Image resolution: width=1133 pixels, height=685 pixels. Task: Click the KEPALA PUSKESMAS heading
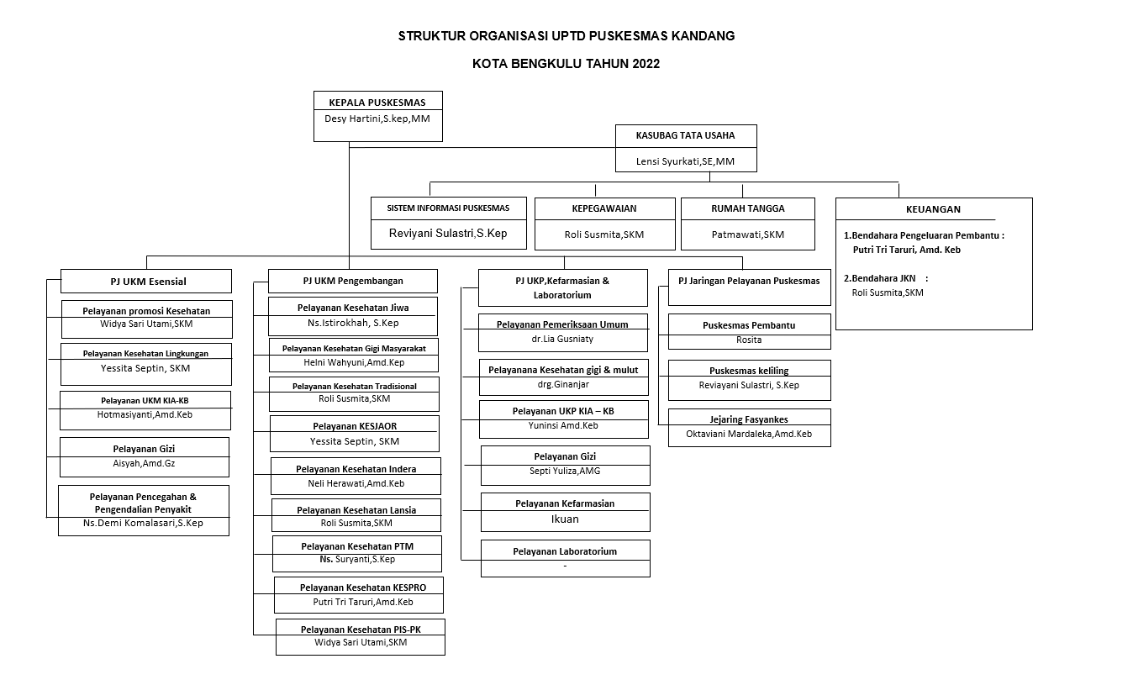click(x=377, y=103)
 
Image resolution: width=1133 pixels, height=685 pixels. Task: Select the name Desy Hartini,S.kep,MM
click(x=377, y=119)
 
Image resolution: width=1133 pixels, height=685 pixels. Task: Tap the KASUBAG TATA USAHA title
click(x=685, y=135)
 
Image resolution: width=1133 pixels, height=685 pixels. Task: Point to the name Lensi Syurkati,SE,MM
click(x=685, y=161)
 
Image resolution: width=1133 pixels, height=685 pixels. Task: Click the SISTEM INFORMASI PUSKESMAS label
click(x=448, y=208)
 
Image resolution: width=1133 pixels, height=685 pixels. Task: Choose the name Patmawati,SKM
click(x=747, y=234)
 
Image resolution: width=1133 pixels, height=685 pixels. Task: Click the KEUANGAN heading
click(x=933, y=209)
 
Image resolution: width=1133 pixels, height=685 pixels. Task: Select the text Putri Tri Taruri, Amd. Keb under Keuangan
click(x=906, y=250)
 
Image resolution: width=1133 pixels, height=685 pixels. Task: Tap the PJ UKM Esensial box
click(x=146, y=282)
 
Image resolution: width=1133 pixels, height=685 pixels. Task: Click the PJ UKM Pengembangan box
click(x=352, y=281)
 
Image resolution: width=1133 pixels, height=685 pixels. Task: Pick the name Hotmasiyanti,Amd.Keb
click(x=145, y=415)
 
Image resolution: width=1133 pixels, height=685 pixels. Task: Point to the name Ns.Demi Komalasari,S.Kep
click(x=143, y=523)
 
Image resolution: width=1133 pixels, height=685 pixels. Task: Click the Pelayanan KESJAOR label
click(x=355, y=426)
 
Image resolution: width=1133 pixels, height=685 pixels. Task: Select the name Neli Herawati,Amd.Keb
click(x=356, y=483)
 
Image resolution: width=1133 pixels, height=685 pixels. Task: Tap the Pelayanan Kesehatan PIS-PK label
click(x=361, y=630)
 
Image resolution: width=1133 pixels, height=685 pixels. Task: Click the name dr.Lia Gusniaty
click(x=562, y=340)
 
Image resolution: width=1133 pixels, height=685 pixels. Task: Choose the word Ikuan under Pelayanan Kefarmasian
click(x=565, y=519)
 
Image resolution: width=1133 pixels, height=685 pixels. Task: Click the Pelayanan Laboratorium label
click(x=565, y=551)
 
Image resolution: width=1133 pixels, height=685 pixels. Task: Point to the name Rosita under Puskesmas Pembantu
click(x=749, y=340)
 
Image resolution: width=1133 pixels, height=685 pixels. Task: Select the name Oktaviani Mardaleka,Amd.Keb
click(x=749, y=434)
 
